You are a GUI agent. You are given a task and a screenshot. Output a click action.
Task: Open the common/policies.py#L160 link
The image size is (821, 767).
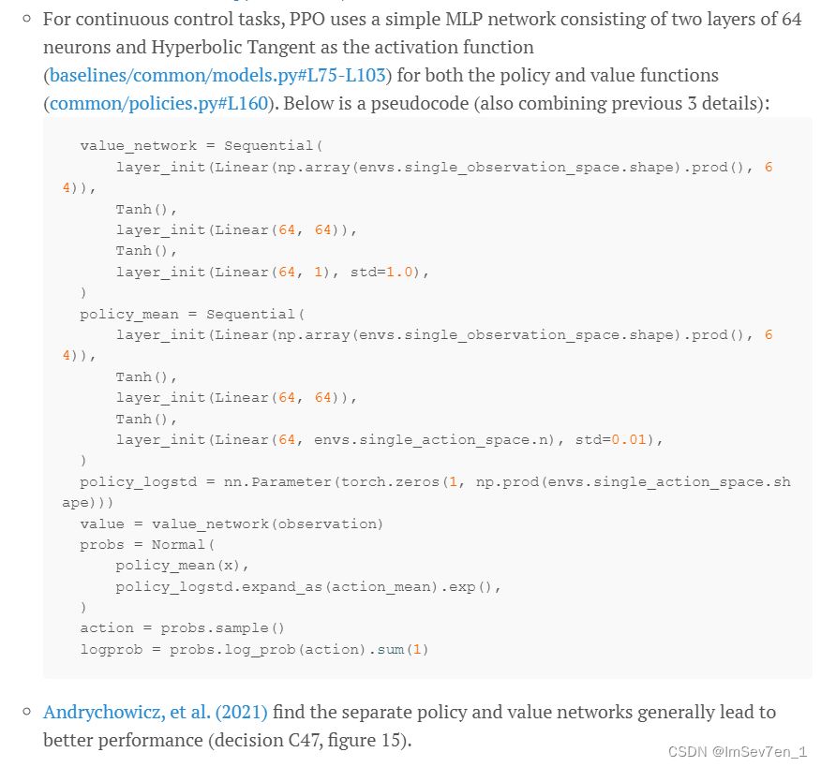click(x=157, y=103)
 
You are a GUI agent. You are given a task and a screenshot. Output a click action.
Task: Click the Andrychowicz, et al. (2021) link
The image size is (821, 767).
click(x=155, y=713)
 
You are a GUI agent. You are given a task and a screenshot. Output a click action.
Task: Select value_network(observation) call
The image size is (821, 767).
click(x=267, y=524)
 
